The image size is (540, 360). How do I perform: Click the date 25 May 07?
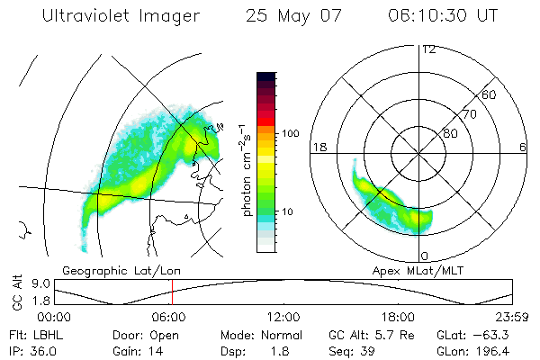click(x=290, y=16)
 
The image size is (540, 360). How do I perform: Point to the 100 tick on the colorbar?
click(x=290, y=133)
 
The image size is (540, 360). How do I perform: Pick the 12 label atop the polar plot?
click(x=428, y=49)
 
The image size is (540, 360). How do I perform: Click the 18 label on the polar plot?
click(x=319, y=147)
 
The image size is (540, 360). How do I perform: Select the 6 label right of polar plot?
click(x=522, y=147)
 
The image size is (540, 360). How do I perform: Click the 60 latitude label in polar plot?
click(x=490, y=94)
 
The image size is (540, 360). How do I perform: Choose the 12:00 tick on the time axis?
click(x=283, y=318)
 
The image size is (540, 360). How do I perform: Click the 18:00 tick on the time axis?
click(x=398, y=318)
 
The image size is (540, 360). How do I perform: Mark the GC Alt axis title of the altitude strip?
click(x=15, y=293)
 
